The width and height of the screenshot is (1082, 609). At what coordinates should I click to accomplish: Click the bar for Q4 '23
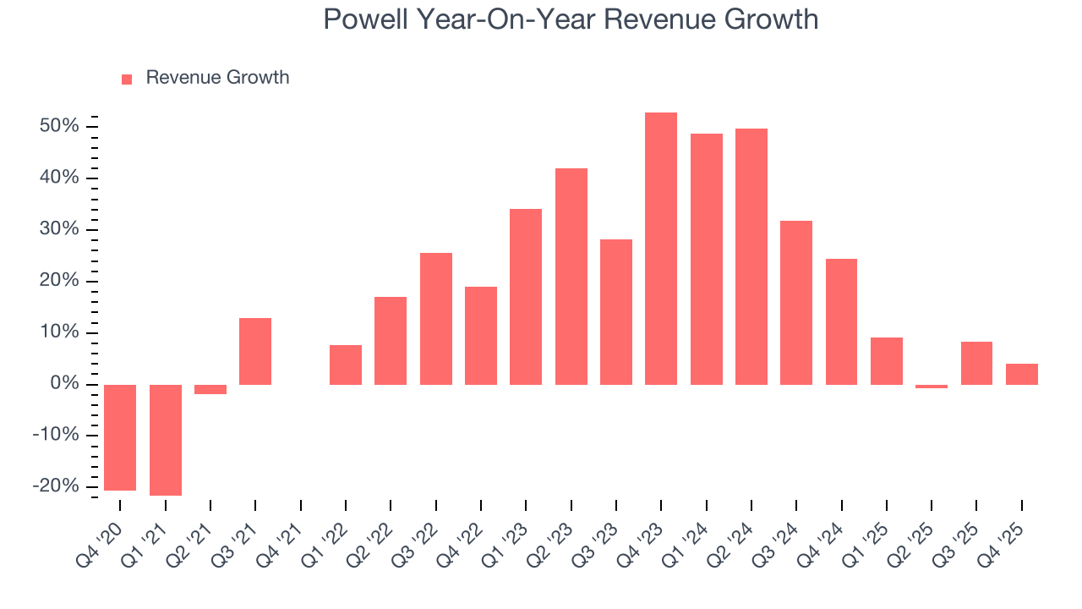click(x=661, y=249)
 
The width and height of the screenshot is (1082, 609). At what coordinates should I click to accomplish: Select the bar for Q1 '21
click(x=166, y=440)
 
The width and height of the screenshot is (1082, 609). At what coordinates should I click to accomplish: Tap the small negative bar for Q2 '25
click(x=932, y=387)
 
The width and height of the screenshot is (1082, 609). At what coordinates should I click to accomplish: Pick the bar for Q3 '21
click(x=255, y=351)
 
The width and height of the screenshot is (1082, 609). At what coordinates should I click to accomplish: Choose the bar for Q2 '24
click(x=751, y=256)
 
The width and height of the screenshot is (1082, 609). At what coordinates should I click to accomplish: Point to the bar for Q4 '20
click(x=120, y=437)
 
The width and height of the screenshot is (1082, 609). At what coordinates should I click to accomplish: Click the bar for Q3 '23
click(x=616, y=312)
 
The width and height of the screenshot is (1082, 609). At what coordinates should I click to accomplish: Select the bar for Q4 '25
click(x=1022, y=374)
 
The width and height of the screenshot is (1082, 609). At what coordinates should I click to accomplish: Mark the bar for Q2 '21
click(x=210, y=389)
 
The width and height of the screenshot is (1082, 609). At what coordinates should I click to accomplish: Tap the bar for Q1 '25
click(x=887, y=361)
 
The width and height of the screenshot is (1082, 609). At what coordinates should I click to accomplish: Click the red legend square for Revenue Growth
click(x=127, y=79)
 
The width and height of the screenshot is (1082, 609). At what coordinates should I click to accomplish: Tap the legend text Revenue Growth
click(x=217, y=78)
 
